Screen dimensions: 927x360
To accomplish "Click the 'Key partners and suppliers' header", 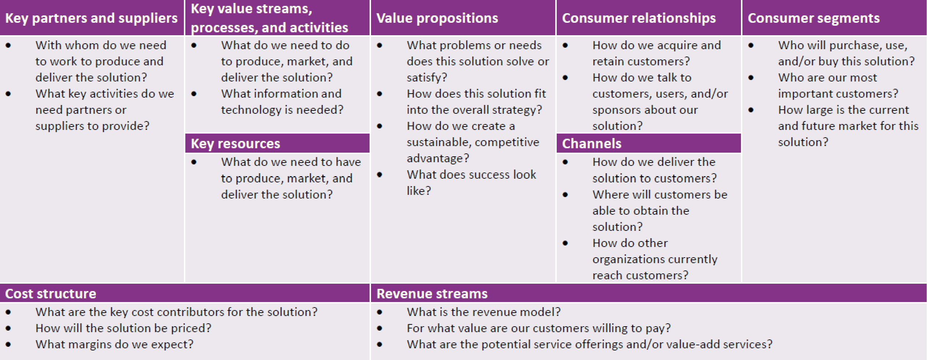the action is [91, 18].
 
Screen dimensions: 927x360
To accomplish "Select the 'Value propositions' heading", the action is [437, 18].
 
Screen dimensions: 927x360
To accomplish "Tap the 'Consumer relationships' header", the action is [639, 18].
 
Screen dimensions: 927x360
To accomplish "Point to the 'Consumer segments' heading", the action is [814, 18].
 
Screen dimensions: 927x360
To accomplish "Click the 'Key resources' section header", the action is [235, 143].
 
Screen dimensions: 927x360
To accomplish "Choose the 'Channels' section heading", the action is [592, 143].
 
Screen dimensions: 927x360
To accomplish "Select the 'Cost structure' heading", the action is [51, 294].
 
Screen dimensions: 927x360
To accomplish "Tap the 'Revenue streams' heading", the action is [432, 294].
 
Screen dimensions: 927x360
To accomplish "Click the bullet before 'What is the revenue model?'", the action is [379, 312].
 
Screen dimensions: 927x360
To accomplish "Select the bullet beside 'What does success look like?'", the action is [379, 175].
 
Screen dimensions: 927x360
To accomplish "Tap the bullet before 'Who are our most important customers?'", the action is [751, 78].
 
